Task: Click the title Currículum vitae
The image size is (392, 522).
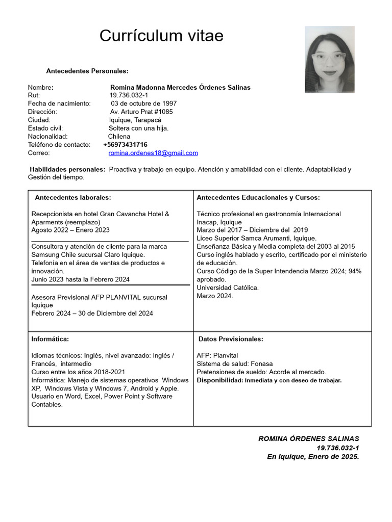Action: [161, 36]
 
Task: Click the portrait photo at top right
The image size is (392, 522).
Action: [329, 60]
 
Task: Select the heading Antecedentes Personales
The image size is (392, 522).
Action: [87, 71]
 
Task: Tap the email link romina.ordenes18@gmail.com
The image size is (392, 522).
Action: [153, 153]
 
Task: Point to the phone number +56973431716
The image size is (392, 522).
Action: [125, 145]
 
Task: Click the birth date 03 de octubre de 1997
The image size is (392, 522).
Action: [143, 103]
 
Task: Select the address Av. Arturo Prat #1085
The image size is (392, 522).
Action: [141, 112]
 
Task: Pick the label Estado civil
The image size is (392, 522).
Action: [45, 128]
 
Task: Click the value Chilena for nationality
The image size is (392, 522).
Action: [119, 137]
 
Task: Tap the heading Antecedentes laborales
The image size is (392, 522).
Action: [72, 197]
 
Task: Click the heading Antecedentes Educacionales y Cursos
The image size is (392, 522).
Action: [258, 197]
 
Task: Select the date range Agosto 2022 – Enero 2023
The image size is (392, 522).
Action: [70, 230]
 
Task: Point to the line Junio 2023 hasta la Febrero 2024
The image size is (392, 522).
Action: [80, 279]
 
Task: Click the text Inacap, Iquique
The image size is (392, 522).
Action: [219, 222]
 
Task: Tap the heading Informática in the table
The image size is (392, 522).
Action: [50, 339]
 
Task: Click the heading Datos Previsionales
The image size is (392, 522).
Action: [231, 339]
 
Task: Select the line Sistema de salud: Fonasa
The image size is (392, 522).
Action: [234, 364]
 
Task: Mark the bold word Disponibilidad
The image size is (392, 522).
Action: [219, 380]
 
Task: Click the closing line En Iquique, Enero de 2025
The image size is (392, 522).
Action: [313, 457]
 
